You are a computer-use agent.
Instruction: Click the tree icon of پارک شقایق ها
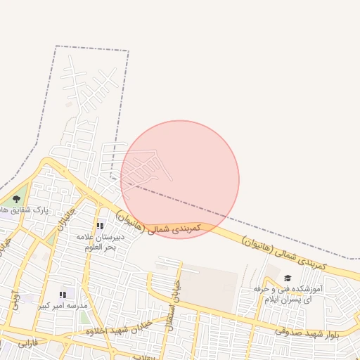pos(17,199)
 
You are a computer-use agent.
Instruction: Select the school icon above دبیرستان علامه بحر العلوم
pos(100,226)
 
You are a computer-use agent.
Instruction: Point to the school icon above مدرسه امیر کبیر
pos(63,295)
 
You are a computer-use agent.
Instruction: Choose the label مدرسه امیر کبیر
pos(63,306)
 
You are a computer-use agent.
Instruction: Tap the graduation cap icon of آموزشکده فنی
pos(287,278)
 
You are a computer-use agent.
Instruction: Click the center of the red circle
pos(180,179)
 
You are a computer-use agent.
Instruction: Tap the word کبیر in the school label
pos(44,306)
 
